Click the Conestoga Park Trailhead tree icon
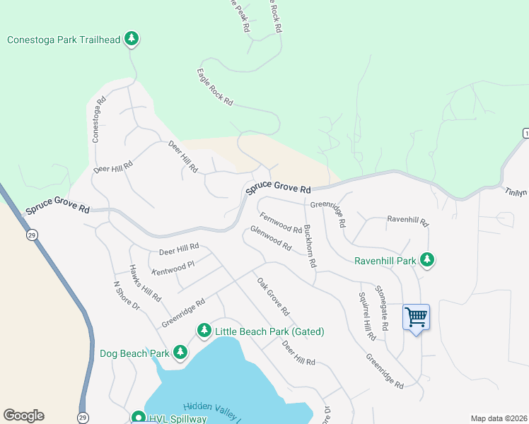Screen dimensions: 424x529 point(131,39)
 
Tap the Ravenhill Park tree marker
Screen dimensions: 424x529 point(426,260)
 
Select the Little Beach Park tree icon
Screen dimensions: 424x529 point(204,330)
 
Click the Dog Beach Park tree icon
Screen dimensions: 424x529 point(180,352)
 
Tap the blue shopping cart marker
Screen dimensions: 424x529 point(416,317)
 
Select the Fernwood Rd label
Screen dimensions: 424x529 point(281,224)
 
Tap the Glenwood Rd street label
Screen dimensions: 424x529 point(271,239)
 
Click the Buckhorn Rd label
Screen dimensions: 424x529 point(309,245)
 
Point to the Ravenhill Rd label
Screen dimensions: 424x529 point(407,220)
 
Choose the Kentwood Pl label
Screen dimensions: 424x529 point(173,268)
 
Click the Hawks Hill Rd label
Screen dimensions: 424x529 point(145,283)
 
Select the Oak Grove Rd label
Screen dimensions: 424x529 point(273,296)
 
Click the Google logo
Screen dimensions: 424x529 point(23,416)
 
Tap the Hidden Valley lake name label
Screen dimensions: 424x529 point(213,412)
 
